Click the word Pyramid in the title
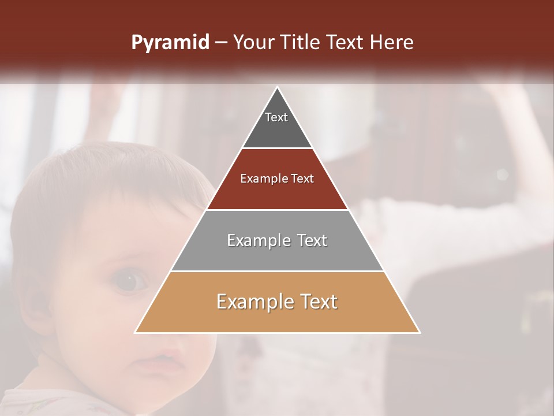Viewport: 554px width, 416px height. [x=170, y=43]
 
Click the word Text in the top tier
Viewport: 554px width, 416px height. [x=276, y=117]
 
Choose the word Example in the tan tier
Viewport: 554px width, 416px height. [x=254, y=302]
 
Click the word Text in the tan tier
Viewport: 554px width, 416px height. [x=317, y=302]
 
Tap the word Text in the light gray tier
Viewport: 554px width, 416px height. [x=312, y=240]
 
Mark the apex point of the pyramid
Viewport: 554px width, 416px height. [x=278, y=87]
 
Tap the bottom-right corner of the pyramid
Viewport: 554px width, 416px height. [x=420, y=333]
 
